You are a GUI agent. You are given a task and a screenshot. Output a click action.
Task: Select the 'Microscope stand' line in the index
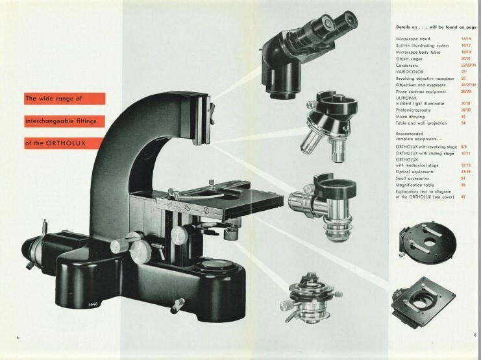click(x=413, y=39)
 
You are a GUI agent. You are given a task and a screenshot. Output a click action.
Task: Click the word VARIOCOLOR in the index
click(x=409, y=71)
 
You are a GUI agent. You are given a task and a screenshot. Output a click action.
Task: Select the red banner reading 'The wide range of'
click(x=58, y=99)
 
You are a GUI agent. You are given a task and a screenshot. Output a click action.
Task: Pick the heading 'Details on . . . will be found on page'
click(x=430, y=27)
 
